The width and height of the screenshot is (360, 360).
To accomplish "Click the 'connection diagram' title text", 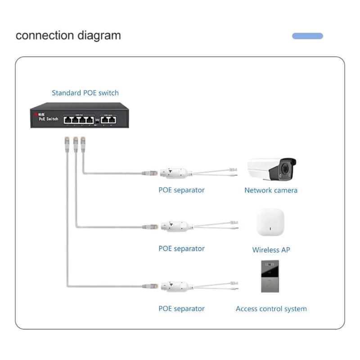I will point(68,36).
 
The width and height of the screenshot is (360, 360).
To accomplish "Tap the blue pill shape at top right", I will point(307,36).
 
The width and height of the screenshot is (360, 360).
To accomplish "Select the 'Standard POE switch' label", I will point(85,93).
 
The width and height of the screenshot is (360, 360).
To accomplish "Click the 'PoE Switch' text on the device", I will point(48,119).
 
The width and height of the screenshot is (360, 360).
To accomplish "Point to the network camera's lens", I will point(285,170).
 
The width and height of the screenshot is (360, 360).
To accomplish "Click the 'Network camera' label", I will point(270,190).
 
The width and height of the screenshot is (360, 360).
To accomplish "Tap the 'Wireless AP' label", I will point(271,250).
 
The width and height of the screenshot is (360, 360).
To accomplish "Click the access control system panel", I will point(270,276).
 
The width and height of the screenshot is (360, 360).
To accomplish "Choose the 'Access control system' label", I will point(271,309).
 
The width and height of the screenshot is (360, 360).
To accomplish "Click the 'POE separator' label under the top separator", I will point(181,190).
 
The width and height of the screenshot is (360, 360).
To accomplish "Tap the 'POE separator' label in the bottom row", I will point(181,309).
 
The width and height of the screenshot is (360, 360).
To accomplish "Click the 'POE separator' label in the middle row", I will point(181,249).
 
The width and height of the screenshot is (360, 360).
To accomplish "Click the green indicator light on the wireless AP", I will point(270,229).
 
